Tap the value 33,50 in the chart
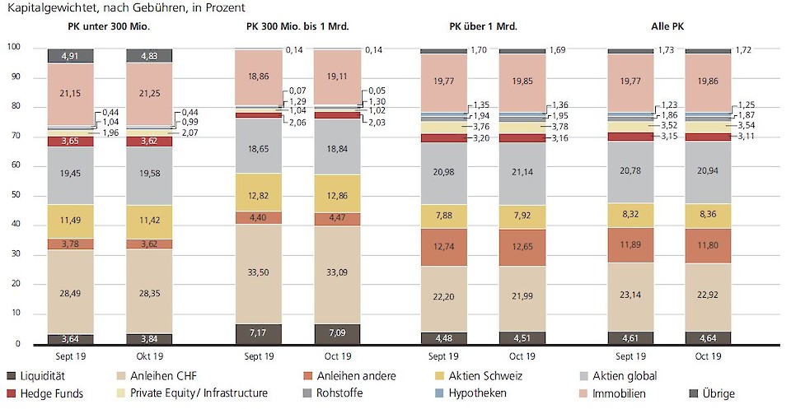[259, 274]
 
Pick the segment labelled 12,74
[443, 248]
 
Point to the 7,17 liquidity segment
[259, 333]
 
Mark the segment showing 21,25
[149, 93]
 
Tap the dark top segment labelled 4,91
[71, 56]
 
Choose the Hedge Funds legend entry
[50, 393]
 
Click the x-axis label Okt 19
[149, 356]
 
